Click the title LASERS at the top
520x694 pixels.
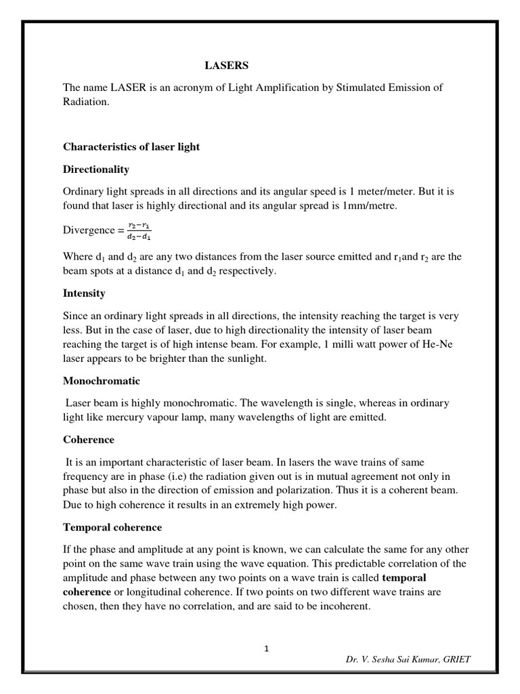(x=227, y=66)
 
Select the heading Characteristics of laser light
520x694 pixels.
(x=131, y=146)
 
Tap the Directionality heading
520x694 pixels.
(x=95, y=169)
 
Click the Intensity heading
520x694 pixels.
(x=84, y=293)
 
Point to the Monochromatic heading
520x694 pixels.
(x=101, y=381)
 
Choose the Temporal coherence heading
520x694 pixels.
(x=112, y=527)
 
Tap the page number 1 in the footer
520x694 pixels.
(x=267, y=649)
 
